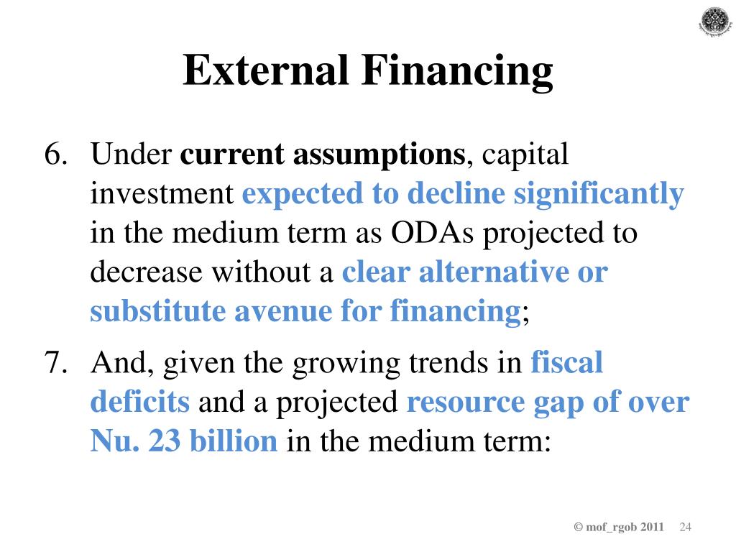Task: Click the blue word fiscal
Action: tap(566, 364)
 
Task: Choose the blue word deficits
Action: tap(139, 402)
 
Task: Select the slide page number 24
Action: tap(685, 528)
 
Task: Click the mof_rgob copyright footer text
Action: tap(619, 528)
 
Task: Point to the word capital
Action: tap(525, 156)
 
